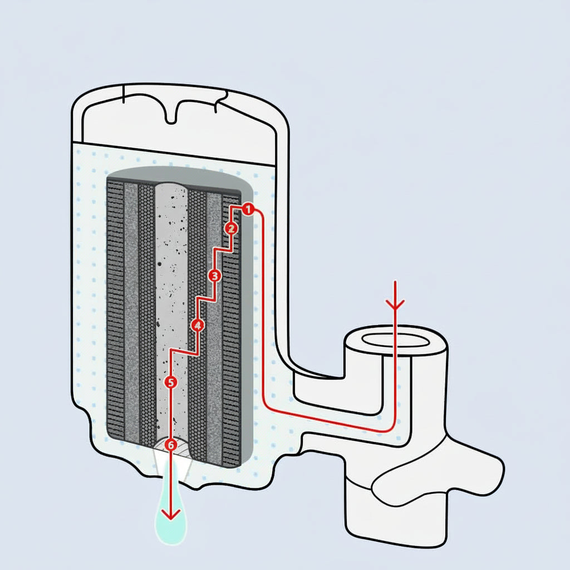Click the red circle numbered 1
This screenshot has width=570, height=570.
pos(248,209)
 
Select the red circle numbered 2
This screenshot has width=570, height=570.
pos(232,228)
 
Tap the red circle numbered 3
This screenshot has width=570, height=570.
pos(215,276)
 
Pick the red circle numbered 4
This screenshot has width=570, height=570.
pos(197,325)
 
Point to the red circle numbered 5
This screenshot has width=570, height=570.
pos(171,382)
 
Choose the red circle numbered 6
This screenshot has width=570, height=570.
pos(171,445)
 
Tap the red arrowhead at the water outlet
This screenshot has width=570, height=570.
pos(171,513)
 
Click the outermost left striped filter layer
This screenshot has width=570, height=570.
pos(115,312)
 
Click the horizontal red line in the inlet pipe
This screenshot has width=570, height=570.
pos(328,420)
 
